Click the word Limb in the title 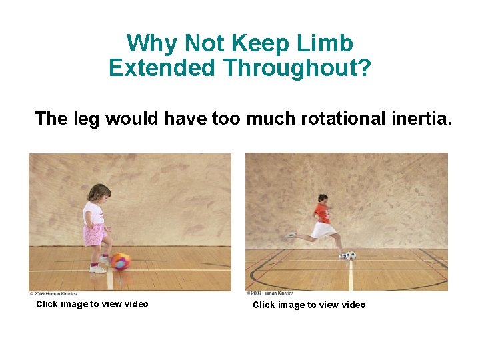point(327,43)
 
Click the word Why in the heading point(153,43)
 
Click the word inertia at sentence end point(421,119)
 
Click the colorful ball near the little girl point(121,261)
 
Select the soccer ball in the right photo point(351,255)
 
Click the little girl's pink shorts point(94,234)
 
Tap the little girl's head point(99,194)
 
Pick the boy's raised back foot point(291,235)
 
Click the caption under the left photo point(92,304)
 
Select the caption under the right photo point(309,305)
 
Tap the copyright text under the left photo point(53,293)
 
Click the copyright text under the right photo point(270,293)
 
